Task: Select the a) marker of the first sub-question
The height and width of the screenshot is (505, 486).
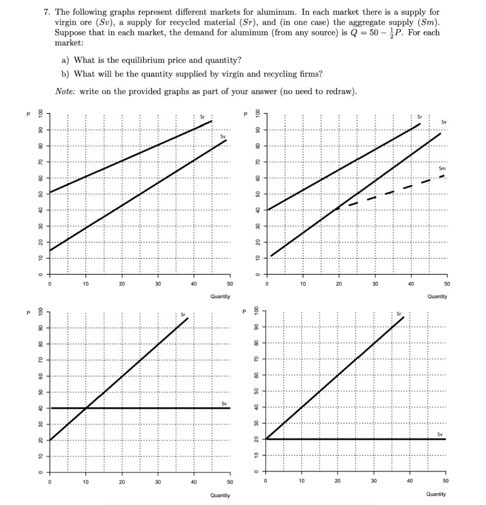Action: point(65,60)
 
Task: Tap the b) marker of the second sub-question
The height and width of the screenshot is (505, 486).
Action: point(65,74)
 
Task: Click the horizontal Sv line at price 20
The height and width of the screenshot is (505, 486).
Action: point(355,439)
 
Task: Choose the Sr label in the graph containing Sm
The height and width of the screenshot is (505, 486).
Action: point(419,117)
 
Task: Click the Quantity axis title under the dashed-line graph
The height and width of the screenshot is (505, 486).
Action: point(437,296)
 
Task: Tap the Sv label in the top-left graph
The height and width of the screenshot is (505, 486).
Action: point(223,136)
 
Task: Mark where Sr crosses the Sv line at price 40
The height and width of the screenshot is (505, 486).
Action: point(86,408)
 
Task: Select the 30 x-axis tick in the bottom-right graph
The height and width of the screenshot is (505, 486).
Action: point(374,480)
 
